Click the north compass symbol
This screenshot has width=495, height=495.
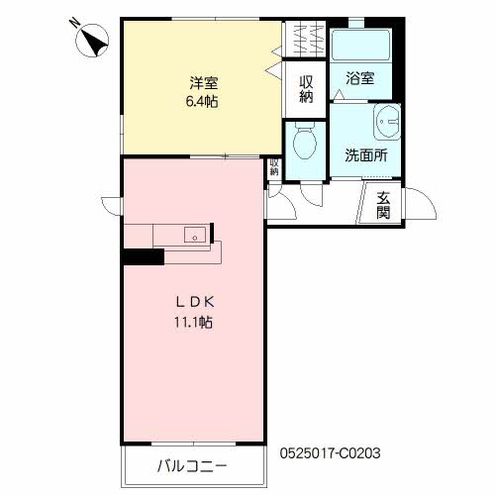click(x=92, y=41)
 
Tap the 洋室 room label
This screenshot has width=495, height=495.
click(x=204, y=83)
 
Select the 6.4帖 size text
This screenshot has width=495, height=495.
click(x=202, y=101)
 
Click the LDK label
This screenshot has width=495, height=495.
click(x=195, y=302)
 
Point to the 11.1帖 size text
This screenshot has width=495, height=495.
click(x=193, y=322)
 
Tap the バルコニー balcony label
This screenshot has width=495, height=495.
click(x=192, y=466)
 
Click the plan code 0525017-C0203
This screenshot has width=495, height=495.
click(x=330, y=453)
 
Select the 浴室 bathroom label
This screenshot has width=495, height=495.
click(x=360, y=78)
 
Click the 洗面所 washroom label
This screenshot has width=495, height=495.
click(x=366, y=155)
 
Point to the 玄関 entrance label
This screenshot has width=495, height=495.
click(x=383, y=205)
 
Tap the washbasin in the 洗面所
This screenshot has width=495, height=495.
click(x=387, y=122)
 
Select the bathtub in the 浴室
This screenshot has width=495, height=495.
click(x=361, y=45)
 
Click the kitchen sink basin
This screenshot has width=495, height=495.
click(x=195, y=235)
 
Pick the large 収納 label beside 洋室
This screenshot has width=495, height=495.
click(x=306, y=89)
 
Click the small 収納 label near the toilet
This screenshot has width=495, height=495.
click(x=274, y=167)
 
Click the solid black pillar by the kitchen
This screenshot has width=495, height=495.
click(x=144, y=256)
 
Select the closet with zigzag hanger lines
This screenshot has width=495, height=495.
click(x=306, y=39)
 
